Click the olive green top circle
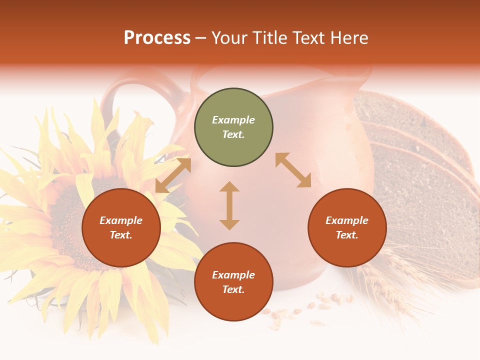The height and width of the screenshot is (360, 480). pyautogui.click(x=233, y=127)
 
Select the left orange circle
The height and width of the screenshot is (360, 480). pyautogui.click(x=121, y=228)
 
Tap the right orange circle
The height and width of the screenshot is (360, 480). pyautogui.click(x=347, y=228)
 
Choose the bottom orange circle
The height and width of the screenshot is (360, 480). pyautogui.click(x=233, y=282)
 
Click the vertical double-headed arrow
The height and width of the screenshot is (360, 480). pyautogui.click(x=229, y=205)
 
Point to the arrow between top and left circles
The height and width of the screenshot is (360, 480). pyautogui.click(x=173, y=175)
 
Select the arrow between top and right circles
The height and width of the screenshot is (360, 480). pyautogui.click(x=293, y=170)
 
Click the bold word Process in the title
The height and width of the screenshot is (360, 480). pyautogui.click(x=157, y=37)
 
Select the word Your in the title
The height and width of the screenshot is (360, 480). pyautogui.click(x=230, y=37)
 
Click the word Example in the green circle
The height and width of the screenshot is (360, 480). pyautogui.click(x=233, y=120)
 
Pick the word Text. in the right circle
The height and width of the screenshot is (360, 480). pyautogui.click(x=347, y=235)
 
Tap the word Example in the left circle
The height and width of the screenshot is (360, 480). pyautogui.click(x=121, y=220)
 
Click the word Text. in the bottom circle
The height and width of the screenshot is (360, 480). pyautogui.click(x=233, y=289)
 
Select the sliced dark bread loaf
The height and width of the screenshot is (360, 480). pyautogui.click(x=420, y=165)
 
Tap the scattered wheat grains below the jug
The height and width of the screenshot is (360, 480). pyautogui.click(x=300, y=310)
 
